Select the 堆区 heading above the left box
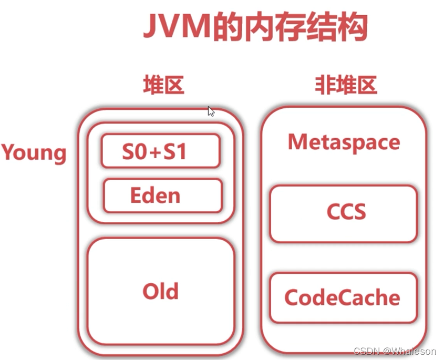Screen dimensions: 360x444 click(x=163, y=85)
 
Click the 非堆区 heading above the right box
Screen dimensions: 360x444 click(x=346, y=85)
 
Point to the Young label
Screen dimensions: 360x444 click(x=34, y=153)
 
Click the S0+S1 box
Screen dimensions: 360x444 click(x=160, y=151)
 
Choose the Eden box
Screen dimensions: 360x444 click(x=162, y=196)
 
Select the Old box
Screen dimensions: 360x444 click(x=161, y=291)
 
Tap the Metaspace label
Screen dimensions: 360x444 click(x=344, y=142)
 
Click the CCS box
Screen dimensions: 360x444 click(x=344, y=213)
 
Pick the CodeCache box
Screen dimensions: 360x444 click(x=343, y=297)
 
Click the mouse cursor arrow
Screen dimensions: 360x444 click(x=210, y=111)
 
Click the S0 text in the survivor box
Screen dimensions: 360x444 click(x=133, y=152)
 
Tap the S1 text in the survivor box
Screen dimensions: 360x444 click(x=176, y=152)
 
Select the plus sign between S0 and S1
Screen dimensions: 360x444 click(x=154, y=152)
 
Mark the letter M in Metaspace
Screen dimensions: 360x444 click(x=297, y=142)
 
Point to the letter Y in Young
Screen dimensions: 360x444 click(x=9, y=153)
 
